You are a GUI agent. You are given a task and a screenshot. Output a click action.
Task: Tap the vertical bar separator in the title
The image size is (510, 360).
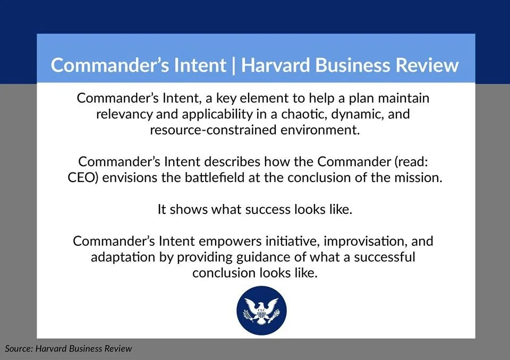pos(233,65)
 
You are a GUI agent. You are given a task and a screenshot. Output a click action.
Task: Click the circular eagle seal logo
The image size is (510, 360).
pos(261,310)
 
